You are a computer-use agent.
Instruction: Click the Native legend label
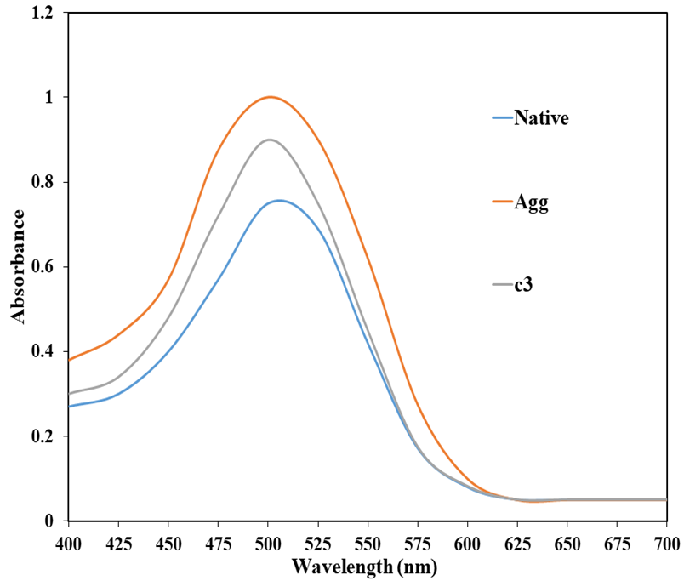[x=540, y=118]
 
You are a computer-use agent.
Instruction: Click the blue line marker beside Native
[x=501, y=118]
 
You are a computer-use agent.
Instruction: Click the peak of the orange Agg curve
[x=270, y=97]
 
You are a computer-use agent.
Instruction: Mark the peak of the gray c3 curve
[x=270, y=140]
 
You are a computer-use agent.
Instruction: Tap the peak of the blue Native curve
[x=278, y=201]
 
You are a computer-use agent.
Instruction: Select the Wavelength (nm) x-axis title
[x=366, y=565]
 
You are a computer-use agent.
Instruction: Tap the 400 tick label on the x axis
[x=69, y=543]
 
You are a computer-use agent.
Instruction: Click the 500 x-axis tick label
[x=268, y=543]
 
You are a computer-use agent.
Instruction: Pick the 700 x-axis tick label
[x=666, y=543]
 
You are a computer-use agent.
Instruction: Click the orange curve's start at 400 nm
[x=70, y=360]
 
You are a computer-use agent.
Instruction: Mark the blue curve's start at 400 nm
[x=70, y=407]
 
